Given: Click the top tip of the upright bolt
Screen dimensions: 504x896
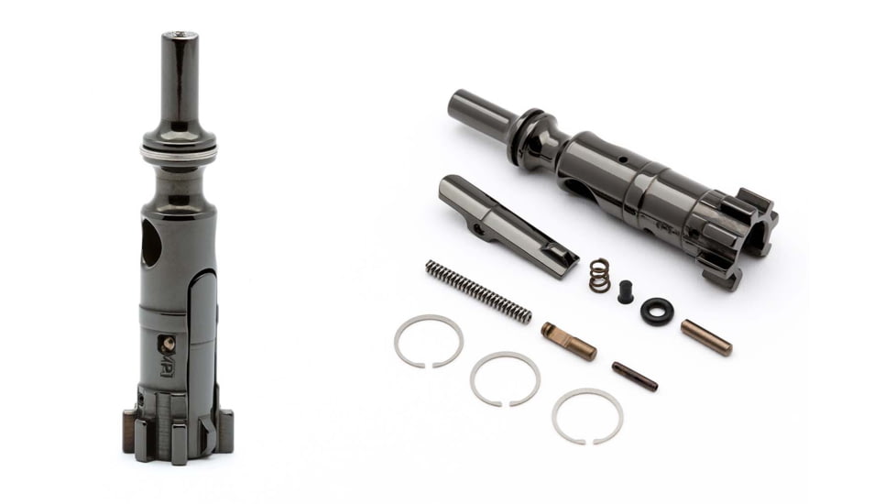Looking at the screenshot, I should [x=180, y=38].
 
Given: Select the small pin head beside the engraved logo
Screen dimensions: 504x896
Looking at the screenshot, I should [x=168, y=345].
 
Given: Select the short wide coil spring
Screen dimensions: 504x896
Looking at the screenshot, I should [x=600, y=275].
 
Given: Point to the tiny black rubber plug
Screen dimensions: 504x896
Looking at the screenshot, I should [x=626, y=291].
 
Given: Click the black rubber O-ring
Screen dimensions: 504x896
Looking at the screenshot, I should [x=656, y=311].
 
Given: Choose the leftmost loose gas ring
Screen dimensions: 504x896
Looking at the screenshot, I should [x=429, y=340].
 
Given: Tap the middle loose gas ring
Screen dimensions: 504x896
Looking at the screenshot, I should [x=505, y=378].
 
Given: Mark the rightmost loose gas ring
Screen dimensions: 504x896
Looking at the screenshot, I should [x=587, y=416].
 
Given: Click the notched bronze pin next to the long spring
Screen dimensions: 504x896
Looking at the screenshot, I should [x=568, y=340].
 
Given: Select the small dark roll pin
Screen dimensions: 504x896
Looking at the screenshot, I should [x=634, y=376].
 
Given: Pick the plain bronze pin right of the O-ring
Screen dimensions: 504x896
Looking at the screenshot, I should [x=705, y=337].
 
